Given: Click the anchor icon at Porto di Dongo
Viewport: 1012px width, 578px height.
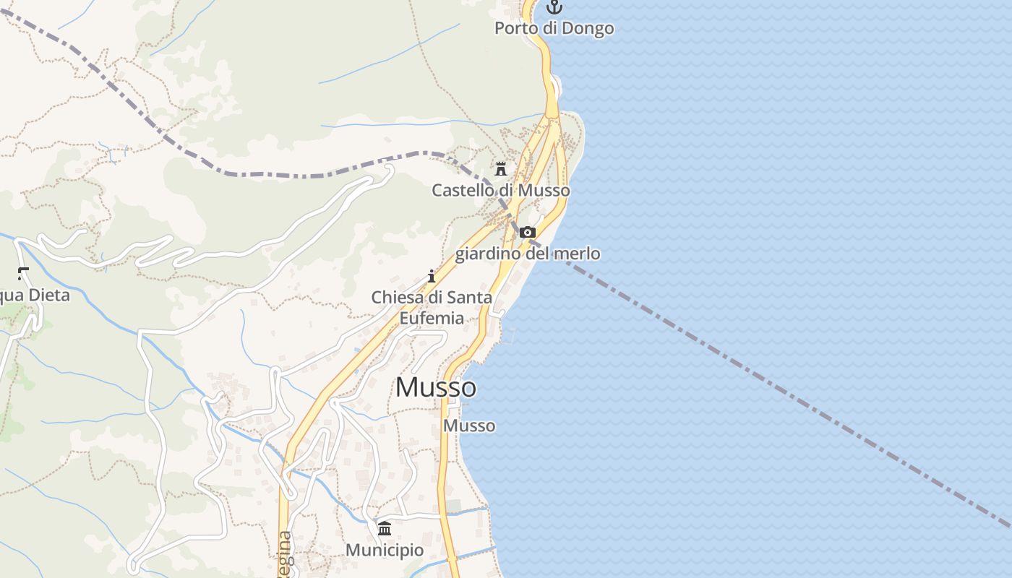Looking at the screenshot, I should (554, 7).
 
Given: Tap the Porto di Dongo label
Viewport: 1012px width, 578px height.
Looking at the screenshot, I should (554, 28).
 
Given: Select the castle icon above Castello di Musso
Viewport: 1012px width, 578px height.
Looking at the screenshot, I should (500, 169).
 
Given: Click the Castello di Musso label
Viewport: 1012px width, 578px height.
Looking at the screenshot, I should (500, 191).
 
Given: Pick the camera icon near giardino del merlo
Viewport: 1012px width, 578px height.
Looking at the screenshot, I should (528, 232).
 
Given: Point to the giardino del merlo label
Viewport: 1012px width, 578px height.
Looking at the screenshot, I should (528, 254).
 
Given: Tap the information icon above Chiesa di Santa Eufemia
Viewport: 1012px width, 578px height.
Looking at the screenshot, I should (432, 276).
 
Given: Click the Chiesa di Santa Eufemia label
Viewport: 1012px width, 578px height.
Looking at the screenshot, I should (432, 307).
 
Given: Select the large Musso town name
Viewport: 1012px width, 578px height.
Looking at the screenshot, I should (435, 387).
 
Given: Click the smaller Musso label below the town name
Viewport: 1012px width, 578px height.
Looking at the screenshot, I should (469, 426).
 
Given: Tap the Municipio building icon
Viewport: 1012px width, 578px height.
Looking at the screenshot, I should (385, 528).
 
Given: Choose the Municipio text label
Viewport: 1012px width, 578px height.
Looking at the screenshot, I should (385, 550).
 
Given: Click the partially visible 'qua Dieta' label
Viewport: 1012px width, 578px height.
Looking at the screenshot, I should (35, 295).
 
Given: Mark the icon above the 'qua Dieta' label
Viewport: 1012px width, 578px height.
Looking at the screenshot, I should (23, 273).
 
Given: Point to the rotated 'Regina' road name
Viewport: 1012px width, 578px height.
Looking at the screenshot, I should (286, 555).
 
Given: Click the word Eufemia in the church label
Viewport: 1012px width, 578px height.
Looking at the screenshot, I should (432, 318).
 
